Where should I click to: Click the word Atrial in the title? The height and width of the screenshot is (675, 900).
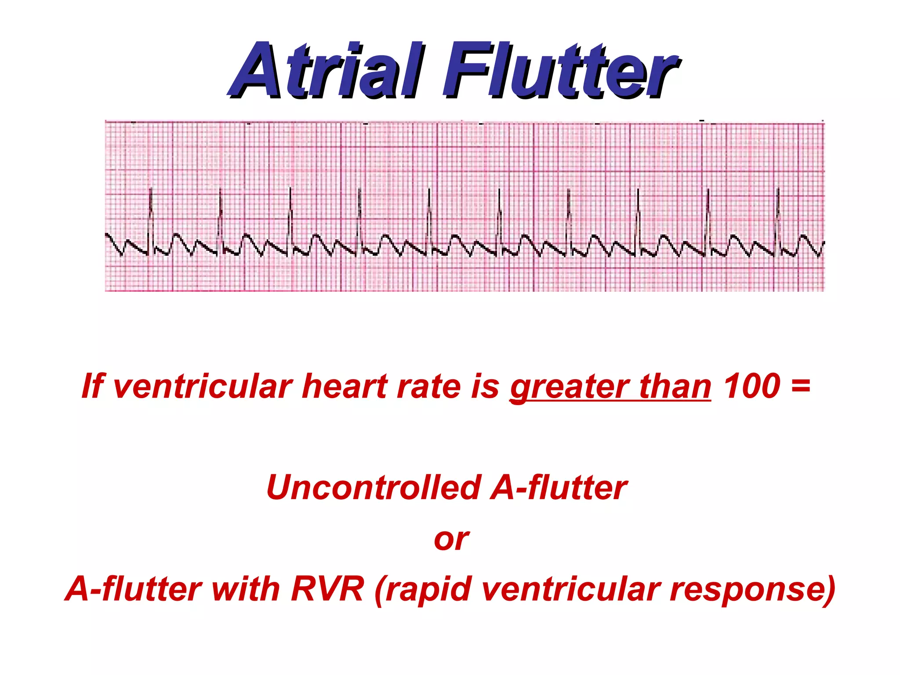[x=327, y=70]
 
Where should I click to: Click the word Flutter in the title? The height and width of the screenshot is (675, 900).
[x=560, y=70]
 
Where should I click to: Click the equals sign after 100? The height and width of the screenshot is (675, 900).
[x=800, y=385]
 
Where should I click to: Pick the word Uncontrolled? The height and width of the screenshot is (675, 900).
[x=374, y=488]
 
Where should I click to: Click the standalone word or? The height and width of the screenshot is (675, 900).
[x=451, y=540]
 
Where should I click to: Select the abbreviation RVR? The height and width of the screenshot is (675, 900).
[x=327, y=589]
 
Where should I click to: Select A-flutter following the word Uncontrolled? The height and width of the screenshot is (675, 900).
[x=559, y=488]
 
